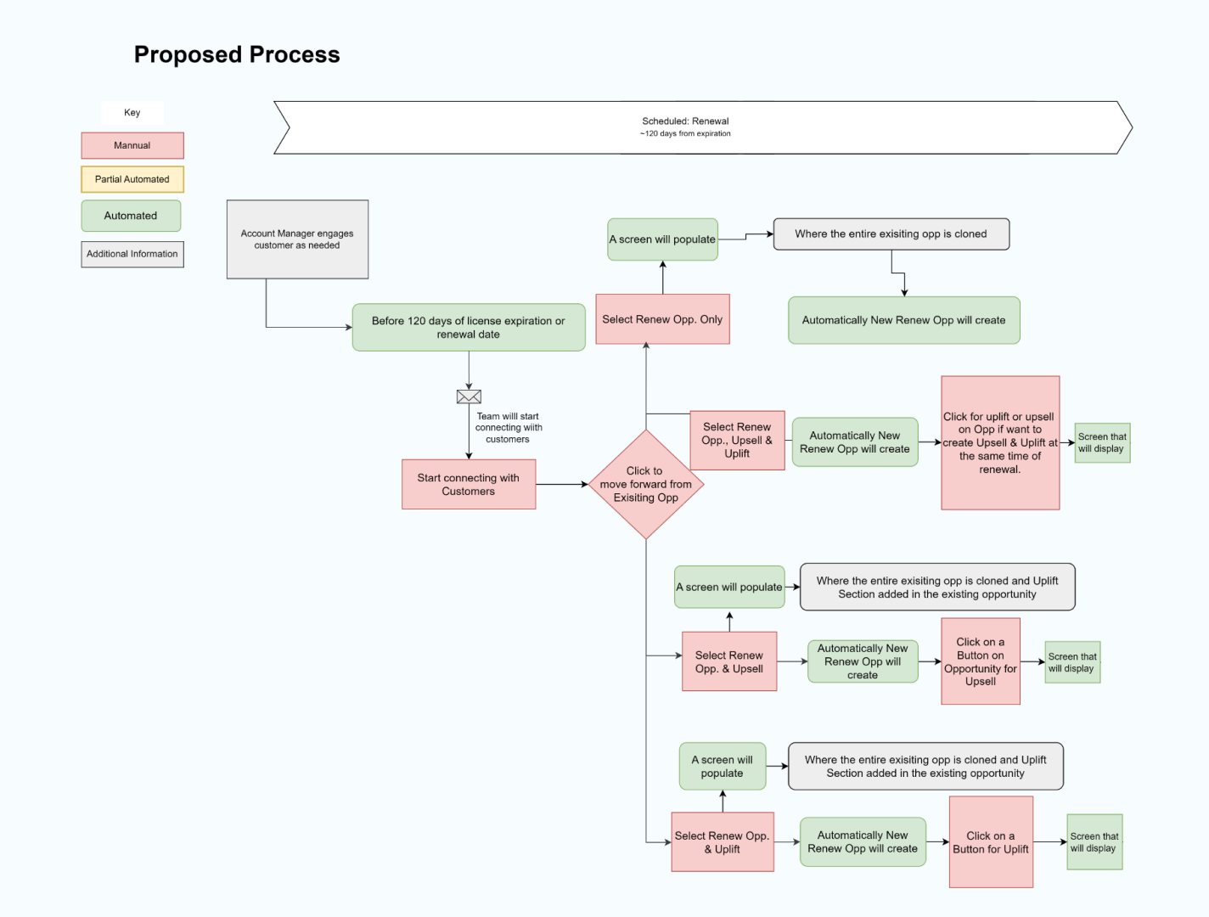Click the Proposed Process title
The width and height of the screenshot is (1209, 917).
click(237, 55)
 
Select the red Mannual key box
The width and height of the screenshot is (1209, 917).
click(132, 145)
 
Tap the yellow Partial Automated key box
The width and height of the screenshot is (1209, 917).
click(132, 179)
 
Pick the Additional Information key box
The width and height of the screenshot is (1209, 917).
click(132, 254)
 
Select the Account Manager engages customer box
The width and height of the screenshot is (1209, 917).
click(297, 239)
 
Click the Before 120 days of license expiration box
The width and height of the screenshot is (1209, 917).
click(469, 328)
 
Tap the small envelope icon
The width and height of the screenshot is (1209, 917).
click(469, 397)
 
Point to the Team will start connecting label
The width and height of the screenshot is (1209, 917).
click(508, 428)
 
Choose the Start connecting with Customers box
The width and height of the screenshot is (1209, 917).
click(469, 485)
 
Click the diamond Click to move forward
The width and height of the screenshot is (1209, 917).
click(646, 484)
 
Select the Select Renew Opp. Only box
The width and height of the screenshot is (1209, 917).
click(662, 319)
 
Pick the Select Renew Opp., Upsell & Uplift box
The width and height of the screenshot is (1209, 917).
click(737, 440)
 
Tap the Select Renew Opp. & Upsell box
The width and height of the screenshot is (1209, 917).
click(729, 661)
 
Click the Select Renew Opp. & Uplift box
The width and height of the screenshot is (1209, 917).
click(723, 842)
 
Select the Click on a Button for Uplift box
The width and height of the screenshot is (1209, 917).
click(991, 842)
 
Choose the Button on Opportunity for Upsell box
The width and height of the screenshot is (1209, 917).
click(981, 661)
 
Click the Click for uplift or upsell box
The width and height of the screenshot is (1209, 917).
click(1000, 442)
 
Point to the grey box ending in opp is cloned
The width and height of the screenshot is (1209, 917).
click(891, 234)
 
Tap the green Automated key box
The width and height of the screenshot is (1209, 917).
click(131, 216)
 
